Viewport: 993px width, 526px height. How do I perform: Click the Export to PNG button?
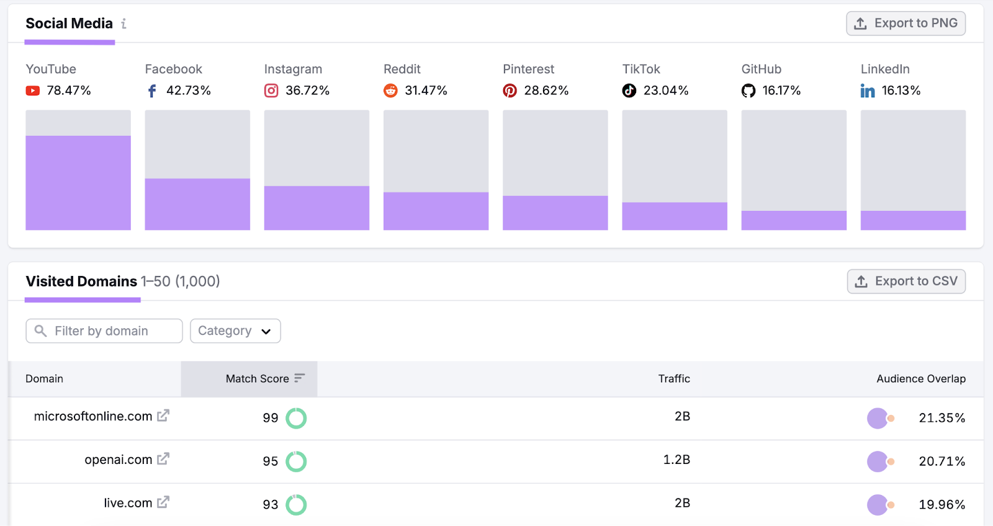905,24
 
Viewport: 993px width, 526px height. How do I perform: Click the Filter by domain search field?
104,331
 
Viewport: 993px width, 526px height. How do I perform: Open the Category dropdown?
235,331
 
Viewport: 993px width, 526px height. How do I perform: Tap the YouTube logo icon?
33,91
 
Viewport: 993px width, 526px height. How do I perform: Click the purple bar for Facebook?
197,204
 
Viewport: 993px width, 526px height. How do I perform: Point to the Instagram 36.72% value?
307,91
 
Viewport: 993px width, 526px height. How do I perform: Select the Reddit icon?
390,91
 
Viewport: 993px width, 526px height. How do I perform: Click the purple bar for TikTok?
675,216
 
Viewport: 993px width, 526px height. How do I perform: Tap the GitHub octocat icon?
748,91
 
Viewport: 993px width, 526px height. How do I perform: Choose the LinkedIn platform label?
885,69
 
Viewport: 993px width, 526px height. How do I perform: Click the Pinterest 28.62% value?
546,91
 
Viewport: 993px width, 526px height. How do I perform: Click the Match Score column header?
258,379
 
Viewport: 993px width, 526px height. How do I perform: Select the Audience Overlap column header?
920,379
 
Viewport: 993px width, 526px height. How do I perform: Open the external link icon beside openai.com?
163,459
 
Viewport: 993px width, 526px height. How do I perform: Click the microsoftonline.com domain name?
93,416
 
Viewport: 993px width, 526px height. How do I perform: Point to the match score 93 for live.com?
270,505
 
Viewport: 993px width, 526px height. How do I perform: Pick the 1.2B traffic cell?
676,460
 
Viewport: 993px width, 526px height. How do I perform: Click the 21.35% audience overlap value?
941,418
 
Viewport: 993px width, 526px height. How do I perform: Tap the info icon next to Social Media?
124,24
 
